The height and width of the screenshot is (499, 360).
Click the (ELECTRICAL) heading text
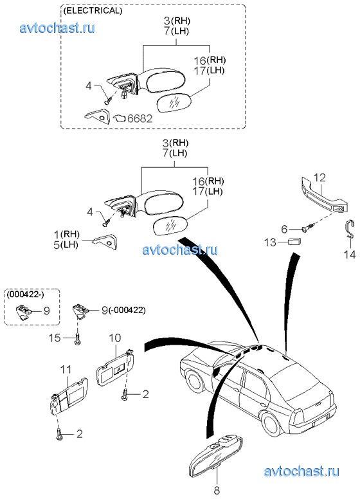point(93,10)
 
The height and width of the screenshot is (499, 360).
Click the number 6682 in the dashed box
point(140,118)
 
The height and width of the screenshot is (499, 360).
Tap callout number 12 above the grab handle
point(319,177)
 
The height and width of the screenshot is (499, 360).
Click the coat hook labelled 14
point(350,230)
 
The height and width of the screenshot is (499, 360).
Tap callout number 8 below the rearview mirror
point(217,490)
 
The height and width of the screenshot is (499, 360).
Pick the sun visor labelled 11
point(69,396)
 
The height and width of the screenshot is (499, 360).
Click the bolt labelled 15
point(78,339)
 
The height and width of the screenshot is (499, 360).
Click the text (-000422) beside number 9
point(127,310)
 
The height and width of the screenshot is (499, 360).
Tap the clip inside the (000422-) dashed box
point(22,311)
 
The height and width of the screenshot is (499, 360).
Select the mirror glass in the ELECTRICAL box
point(174,102)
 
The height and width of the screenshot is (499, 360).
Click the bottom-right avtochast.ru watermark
point(301,471)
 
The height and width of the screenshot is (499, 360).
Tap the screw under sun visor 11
point(60,434)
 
